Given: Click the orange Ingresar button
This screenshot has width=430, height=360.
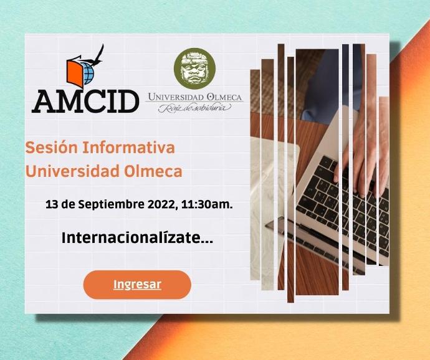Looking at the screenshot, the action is click(137, 285).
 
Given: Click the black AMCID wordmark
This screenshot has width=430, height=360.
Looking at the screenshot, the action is click(85, 102).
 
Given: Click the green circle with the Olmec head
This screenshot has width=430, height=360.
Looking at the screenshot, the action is click(194, 69).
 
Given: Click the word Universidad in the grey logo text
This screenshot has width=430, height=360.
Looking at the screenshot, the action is click(176, 97).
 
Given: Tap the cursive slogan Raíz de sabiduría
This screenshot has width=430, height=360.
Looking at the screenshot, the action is click(195, 108).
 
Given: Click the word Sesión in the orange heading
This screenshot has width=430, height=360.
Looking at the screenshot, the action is click(52, 147).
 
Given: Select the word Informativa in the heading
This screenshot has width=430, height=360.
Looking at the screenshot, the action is click(128, 147).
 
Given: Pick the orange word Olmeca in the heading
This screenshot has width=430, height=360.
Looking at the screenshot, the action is click(153, 171).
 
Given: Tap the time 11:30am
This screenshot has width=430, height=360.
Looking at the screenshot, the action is click(207, 204).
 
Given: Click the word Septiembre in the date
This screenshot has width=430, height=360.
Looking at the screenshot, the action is click(112, 204).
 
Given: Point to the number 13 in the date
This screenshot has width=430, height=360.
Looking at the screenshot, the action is click(52, 204).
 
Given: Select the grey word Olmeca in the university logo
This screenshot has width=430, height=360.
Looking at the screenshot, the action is click(224, 97).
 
